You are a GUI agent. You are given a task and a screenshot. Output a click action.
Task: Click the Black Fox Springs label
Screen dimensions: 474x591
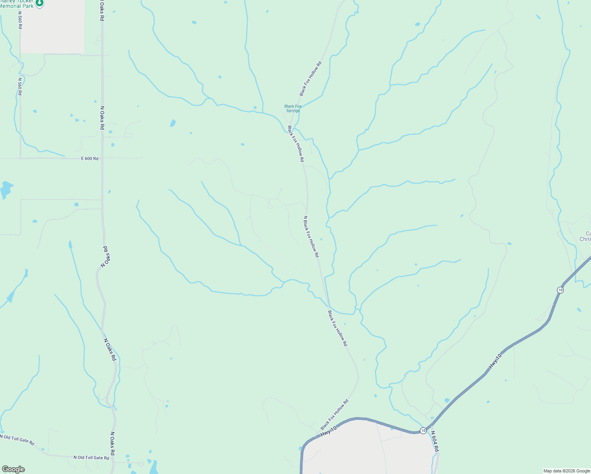tap(293, 108)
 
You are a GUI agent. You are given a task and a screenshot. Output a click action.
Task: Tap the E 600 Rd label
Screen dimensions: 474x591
tap(90, 158)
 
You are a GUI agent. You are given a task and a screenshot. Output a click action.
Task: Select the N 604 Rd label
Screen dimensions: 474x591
tap(435, 441)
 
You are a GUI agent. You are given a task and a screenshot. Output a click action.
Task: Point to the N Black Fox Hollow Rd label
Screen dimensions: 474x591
tap(311, 237)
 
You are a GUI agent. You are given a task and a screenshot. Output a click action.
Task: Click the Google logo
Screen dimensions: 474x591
tap(13, 469)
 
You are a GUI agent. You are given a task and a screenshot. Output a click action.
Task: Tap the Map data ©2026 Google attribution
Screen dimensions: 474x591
tap(567, 471)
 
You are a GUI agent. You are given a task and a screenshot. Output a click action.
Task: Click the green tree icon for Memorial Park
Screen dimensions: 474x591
tap(39, 3)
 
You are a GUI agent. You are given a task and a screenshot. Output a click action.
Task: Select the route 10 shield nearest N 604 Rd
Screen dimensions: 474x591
tap(423, 431)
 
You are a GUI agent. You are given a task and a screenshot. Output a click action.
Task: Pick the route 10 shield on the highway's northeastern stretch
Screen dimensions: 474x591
tap(560, 290)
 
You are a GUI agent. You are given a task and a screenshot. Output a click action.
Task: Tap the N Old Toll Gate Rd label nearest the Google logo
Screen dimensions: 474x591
tap(17, 438)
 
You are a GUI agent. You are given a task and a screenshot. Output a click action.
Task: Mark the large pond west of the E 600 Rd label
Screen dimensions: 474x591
tap(6, 189)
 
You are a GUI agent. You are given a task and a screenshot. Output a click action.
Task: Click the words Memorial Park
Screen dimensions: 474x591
tap(17, 6)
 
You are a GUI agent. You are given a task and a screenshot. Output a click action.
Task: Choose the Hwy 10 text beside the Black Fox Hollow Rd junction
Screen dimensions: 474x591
tap(328, 431)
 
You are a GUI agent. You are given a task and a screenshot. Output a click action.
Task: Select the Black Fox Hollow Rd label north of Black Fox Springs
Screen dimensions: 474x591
tap(311, 79)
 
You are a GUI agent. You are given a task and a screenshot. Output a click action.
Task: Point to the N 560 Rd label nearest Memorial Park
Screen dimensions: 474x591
tap(20, 20)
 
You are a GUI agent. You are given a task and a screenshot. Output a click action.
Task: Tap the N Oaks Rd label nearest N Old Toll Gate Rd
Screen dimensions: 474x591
tap(112, 443)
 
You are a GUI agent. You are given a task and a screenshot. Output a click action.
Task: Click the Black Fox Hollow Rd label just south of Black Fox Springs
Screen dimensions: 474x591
tap(296, 144)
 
